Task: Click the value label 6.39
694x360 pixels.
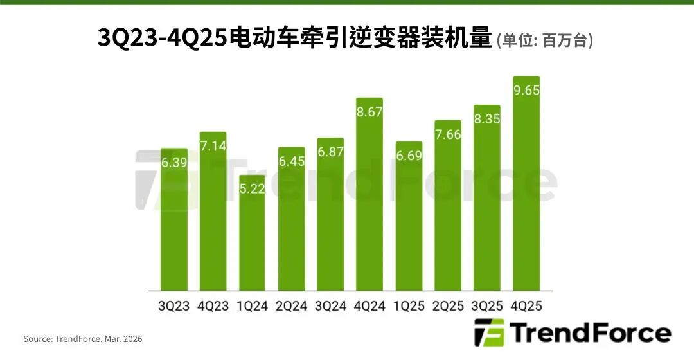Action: coord(174,163)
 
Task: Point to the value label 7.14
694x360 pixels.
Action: coord(213,146)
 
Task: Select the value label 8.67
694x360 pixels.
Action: coord(369,112)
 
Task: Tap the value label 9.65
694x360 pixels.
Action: coord(526,91)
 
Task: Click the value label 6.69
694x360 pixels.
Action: coord(409,156)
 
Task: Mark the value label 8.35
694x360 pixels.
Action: coord(486,119)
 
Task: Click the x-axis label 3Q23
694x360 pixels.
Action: coord(174,306)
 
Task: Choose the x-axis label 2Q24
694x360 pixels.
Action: coord(291,306)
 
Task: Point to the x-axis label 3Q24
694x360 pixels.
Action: coord(330,306)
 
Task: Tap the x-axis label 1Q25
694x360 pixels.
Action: coord(409,306)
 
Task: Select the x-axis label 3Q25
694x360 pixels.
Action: coord(486,306)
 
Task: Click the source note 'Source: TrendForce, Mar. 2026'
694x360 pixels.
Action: coord(83,339)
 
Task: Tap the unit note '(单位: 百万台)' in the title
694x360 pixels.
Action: coord(545,40)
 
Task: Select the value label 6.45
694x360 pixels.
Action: coord(291,161)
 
